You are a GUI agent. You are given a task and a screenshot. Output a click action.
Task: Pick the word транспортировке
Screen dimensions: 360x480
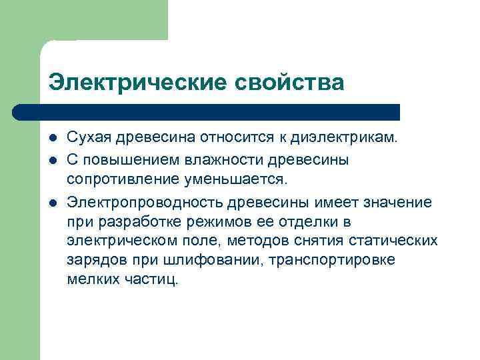(x=338, y=260)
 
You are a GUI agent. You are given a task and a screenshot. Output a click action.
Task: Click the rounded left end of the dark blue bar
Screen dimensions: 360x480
(x=19, y=112)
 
